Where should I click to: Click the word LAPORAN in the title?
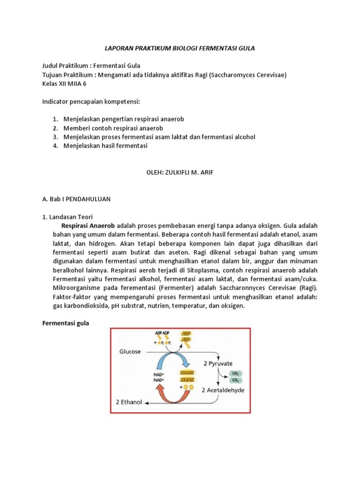118,48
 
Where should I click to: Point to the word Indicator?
57,101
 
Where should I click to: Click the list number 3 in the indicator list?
55,137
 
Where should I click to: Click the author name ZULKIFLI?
181,172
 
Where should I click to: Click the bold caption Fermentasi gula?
66,323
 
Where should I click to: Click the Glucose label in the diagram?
130,352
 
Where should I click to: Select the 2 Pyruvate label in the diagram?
219,363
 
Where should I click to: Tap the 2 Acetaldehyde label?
223,390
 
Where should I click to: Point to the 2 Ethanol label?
129,402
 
